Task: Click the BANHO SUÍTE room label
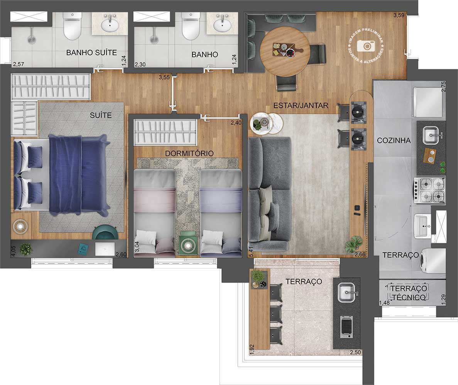[x=91, y=53]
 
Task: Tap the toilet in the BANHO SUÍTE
[x=72, y=26]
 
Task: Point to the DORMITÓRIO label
[x=189, y=153]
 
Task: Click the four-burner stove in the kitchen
[x=429, y=190]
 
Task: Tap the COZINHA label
[x=394, y=141]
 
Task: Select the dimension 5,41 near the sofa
[x=251, y=251]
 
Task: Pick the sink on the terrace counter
[x=346, y=293]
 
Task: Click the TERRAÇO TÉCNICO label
[x=409, y=293]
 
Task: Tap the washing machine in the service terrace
[x=432, y=263]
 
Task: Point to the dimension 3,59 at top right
[x=399, y=15]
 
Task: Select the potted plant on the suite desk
[x=26, y=249]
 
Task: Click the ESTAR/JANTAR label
[x=301, y=105]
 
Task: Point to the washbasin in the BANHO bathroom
[x=222, y=25]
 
